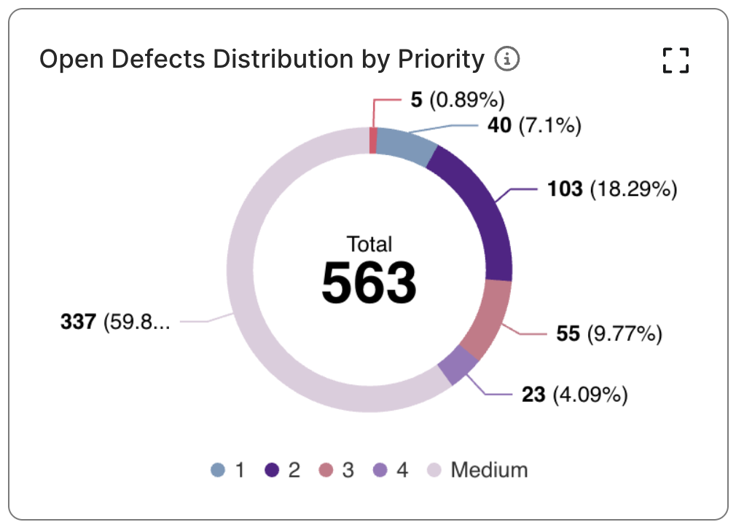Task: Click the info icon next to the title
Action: point(507,59)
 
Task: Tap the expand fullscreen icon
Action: point(676,60)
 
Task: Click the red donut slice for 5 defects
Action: point(373,141)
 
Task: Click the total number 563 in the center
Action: point(369,282)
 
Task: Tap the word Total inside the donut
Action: point(369,243)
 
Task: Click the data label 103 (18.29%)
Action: point(612,190)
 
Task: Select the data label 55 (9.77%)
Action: point(609,334)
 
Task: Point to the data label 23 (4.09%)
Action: point(574,395)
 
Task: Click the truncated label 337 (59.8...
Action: point(115,321)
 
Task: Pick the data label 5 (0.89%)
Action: point(457,100)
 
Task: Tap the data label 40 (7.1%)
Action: point(533,126)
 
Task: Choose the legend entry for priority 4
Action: point(391,470)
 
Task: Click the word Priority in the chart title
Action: point(444,59)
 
